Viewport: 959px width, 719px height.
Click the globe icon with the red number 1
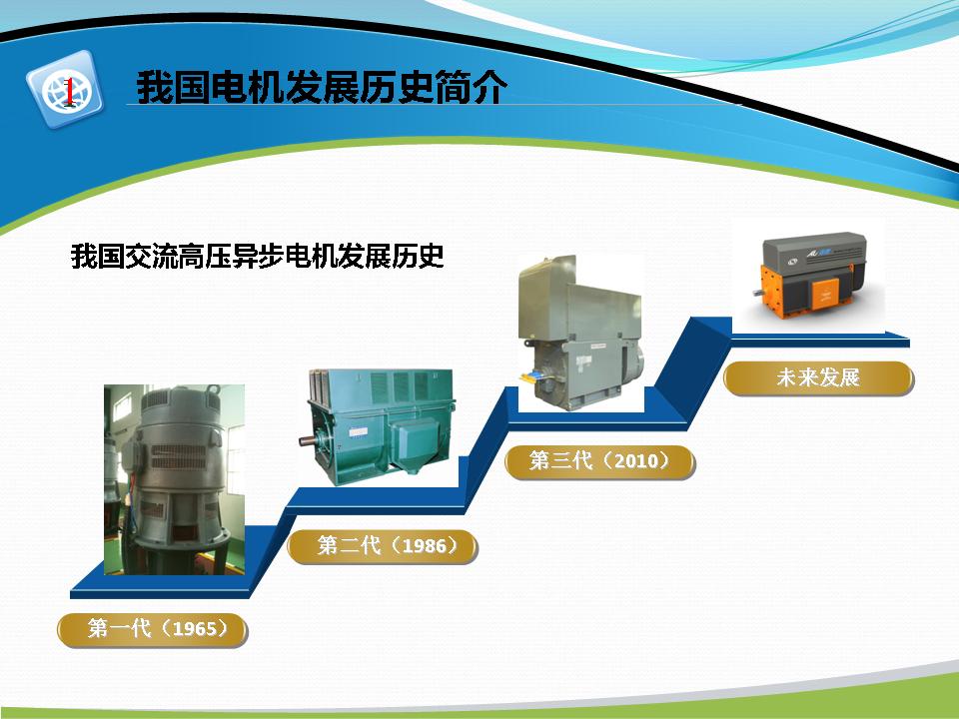65,91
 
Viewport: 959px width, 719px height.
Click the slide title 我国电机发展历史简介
322,87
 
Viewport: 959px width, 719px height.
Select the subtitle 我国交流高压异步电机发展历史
258,257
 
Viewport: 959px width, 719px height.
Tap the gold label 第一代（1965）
152,630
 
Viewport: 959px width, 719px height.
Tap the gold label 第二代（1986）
383,546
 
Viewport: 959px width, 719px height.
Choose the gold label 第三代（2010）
600,461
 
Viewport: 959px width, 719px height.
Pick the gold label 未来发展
818,377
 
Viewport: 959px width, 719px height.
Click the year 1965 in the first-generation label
195,628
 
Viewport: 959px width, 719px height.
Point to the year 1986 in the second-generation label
426,545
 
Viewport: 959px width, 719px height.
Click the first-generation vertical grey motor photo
174,479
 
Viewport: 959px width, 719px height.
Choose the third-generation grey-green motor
581,334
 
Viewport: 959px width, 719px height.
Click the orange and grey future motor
810,276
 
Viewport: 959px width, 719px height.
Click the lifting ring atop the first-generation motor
213,389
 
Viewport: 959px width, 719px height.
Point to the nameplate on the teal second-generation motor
358,432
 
